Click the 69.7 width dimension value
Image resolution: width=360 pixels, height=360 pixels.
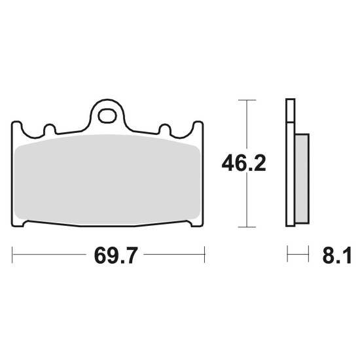click(x=115, y=255)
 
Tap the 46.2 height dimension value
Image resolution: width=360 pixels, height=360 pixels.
click(x=243, y=163)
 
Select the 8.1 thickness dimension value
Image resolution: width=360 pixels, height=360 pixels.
click(x=336, y=255)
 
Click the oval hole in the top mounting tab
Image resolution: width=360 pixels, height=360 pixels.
click(x=107, y=116)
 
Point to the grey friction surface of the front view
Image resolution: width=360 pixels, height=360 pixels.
click(x=107, y=179)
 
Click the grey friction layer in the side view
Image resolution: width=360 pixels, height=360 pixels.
click(x=302, y=179)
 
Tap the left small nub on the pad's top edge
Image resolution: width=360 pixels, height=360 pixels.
click(x=50, y=128)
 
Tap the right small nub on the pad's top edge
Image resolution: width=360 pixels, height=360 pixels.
click(x=165, y=128)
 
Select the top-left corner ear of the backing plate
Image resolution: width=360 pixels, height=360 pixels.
click(x=16, y=125)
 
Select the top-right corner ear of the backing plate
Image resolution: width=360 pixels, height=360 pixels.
click(x=198, y=125)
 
